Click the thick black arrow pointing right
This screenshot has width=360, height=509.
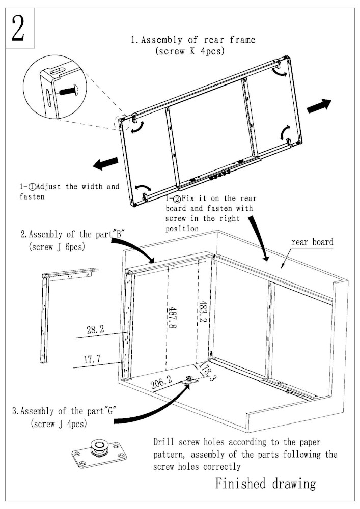(x=319, y=106)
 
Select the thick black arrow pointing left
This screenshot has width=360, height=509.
(x=105, y=164)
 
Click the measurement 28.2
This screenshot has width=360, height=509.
(x=96, y=330)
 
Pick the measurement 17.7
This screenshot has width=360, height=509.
(x=92, y=359)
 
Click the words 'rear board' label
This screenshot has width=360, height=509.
(x=312, y=242)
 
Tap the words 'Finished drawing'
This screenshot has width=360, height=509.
(x=265, y=483)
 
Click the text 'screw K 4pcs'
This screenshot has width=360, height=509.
(x=189, y=51)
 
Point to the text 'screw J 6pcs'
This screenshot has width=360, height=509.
(x=57, y=248)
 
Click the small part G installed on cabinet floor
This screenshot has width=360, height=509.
(x=190, y=380)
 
